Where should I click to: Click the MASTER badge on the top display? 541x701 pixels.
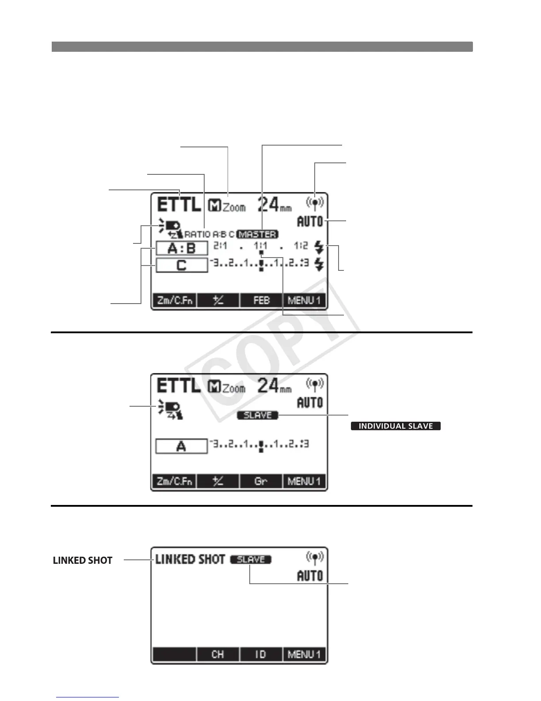coord(258,234)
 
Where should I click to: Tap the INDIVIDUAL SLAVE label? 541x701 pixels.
coord(396,426)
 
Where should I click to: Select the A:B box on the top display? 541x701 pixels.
coord(182,248)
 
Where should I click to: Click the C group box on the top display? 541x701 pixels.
coord(182,266)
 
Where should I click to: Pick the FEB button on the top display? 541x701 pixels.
coord(261,300)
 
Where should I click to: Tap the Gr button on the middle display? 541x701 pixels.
coord(261,481)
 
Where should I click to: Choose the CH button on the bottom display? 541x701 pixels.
coord(218,654)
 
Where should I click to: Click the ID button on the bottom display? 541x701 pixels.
coord(261,654)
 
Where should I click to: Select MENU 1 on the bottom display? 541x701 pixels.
coord(304,654)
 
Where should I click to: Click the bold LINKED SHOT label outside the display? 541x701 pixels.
coord(83,560)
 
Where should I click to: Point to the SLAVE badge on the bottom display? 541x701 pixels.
coord(251,559)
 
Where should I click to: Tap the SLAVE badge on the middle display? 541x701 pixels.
coord(258,415)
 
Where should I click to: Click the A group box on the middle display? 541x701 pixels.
coord(181,447)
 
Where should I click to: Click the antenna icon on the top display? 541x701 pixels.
coord(315,203)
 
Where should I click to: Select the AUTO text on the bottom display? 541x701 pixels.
coord(310,576)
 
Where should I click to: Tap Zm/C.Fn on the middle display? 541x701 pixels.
coord(175,481)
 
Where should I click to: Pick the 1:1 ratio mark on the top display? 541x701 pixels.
coord(261,246)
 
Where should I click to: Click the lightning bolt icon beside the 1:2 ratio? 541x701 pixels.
coord(319,247)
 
